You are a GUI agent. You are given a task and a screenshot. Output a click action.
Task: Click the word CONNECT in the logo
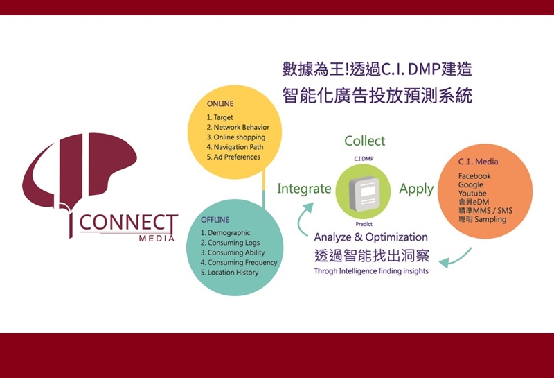(x=129, y=223)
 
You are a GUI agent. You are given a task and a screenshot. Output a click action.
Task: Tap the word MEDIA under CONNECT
(x=157, y=239)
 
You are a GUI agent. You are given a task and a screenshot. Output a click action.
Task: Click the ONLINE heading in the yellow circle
(x=220, y=104)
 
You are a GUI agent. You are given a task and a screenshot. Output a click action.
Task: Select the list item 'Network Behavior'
(x=238, y=127)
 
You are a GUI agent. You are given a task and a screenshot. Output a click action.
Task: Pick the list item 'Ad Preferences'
(x=233, y=157)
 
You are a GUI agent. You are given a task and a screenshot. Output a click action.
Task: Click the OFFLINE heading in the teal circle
(x=215, y=220)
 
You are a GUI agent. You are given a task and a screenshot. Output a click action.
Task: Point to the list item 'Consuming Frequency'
(x=239, y=263)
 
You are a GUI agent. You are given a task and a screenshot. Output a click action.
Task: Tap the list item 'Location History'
(x=230, y=273)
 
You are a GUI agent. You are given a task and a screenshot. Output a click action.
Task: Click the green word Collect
(x=365, y=141)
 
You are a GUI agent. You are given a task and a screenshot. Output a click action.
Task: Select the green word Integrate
(x=304, y=189)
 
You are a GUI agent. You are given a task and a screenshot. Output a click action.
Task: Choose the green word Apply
(x=416, y=189)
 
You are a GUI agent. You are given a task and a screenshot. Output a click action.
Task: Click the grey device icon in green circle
(x=364, y=194)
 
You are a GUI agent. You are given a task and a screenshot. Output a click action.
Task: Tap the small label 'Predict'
(x=364, y=224)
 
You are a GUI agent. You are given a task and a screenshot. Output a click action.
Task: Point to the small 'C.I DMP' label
(x=364, y=159)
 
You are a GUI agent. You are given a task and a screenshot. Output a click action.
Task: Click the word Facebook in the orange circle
(x=474, y=176)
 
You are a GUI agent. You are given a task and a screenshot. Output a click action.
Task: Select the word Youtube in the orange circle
(x=472, y=194)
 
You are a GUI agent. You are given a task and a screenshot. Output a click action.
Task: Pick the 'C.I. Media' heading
(x=478, y=162)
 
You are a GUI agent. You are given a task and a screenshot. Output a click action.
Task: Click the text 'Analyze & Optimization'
(x=370, y=237)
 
